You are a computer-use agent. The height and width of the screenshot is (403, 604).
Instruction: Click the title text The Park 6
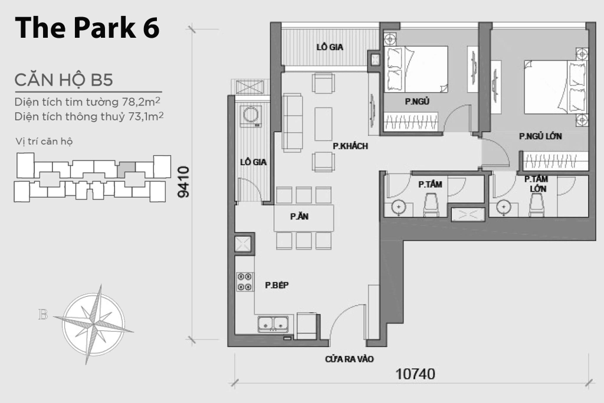(x=87, y=28)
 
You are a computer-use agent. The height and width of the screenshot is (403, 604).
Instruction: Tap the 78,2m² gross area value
(x=142, y=102)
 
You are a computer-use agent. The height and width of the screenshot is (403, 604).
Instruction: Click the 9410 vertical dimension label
(x=183, y=182)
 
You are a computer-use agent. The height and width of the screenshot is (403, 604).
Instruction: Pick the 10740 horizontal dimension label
(x=415, y=373)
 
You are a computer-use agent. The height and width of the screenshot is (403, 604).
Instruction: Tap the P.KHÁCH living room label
(x=350, y=146)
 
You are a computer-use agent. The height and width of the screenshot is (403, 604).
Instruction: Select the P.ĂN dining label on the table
(x=299, y=217)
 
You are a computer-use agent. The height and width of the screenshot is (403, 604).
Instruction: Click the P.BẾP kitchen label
(x=276, y=286)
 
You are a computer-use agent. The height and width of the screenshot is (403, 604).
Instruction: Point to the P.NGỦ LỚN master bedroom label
(x=540, y=136)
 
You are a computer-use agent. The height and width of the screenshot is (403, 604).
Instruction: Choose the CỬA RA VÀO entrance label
(x=349, y=359)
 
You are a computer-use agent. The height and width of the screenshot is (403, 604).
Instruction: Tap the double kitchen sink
(x=274, y=323)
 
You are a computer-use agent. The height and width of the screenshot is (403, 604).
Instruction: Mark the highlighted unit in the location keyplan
(x=126, y=170)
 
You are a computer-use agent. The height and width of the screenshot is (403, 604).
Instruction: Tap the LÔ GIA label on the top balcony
(x=330, y=47)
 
